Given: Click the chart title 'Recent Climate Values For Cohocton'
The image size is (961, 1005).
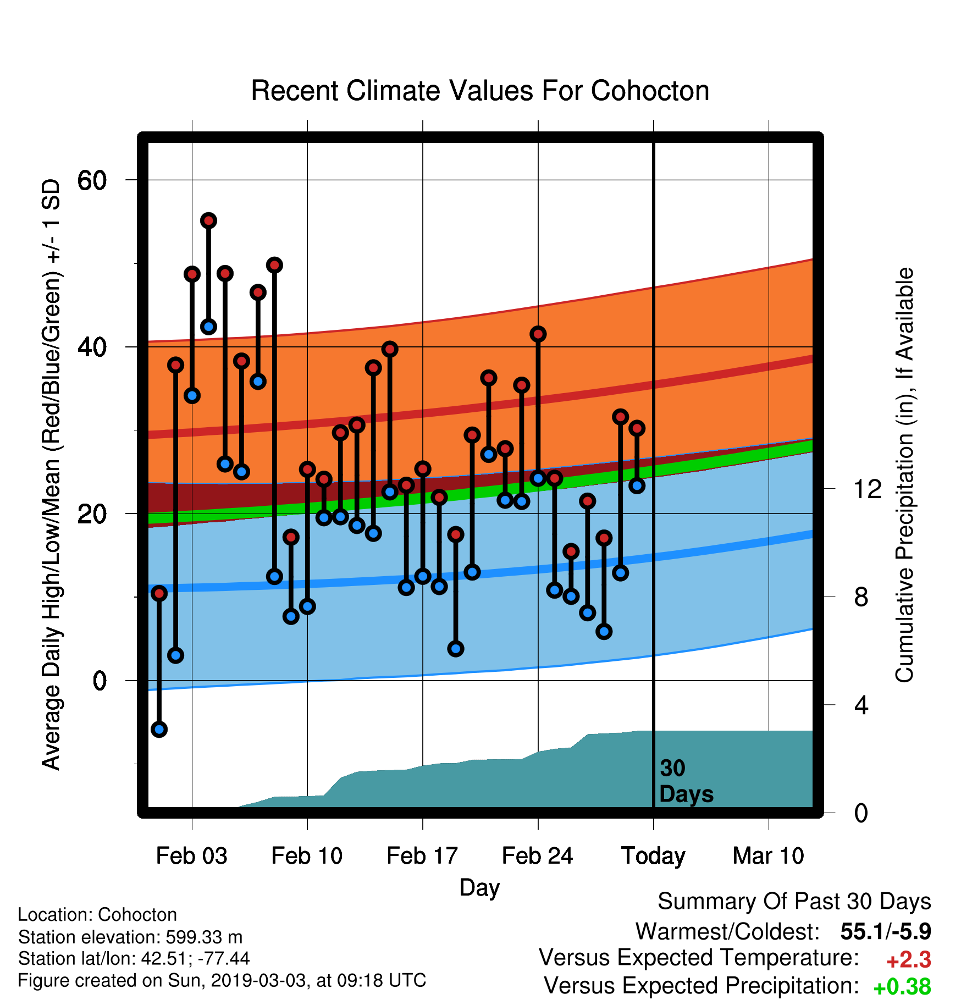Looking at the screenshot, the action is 480,91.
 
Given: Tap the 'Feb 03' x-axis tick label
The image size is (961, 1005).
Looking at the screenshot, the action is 191,856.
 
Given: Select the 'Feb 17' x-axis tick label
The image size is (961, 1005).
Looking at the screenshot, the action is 422,856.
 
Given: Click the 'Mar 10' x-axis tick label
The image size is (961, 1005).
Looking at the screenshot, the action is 769,856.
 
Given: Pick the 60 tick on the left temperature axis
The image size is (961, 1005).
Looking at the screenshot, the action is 92,180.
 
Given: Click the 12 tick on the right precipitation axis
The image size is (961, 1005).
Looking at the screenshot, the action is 868,489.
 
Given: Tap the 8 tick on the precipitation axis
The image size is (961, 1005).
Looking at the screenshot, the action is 861,597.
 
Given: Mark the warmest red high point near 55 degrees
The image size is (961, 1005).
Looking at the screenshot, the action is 208,220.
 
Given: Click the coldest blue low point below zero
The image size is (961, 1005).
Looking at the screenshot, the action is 159,730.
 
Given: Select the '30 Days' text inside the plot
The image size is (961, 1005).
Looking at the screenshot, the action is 686,781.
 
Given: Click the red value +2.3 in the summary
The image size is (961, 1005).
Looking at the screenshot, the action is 909,960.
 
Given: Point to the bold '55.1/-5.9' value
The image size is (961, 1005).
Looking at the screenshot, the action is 886,931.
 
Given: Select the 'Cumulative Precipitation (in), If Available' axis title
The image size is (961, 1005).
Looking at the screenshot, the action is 904,475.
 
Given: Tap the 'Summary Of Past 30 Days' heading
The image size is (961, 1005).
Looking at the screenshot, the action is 794,902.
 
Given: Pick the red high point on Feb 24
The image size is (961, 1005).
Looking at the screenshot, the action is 538,334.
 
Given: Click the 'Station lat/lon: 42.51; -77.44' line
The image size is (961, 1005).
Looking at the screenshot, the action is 134,959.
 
